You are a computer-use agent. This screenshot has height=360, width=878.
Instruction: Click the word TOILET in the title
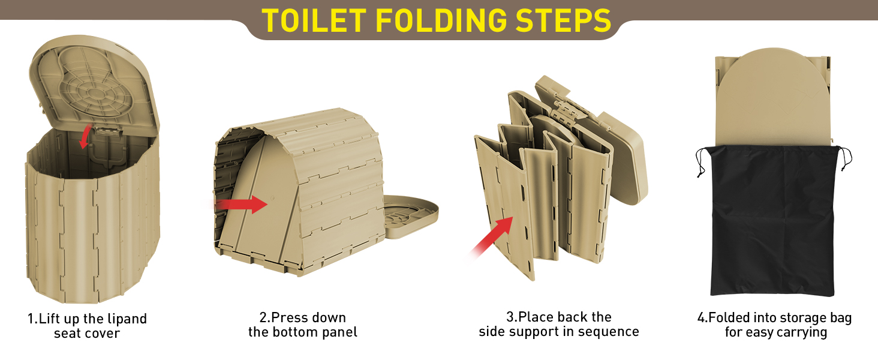(x=314, y=20)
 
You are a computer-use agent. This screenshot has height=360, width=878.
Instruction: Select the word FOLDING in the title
(x=441, y=20)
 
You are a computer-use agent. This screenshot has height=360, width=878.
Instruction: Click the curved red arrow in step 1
(x=85, y=137)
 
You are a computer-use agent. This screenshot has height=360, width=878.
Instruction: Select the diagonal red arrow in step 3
(x=492, y=236)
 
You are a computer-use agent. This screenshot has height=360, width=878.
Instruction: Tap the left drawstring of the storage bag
(x=700, y=161)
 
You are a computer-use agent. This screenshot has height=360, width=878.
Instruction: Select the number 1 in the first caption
(x=31, y=319)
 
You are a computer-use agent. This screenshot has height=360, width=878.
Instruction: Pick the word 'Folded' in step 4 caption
(x=729, y=317)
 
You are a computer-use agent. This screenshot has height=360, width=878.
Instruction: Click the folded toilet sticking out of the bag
(x=773, y=98)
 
